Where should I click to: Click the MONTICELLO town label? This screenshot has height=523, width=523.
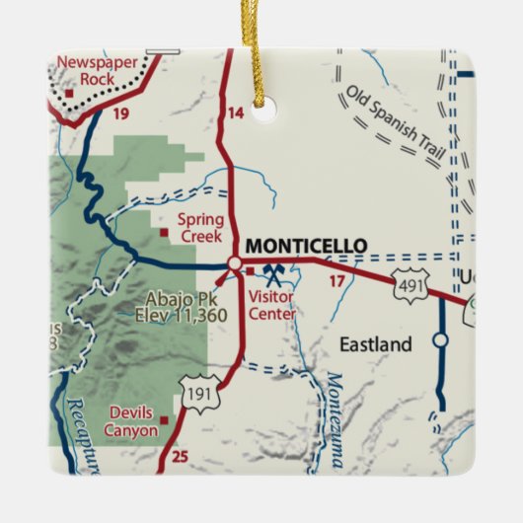tap(305, 246)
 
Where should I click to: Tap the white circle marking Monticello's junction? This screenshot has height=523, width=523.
tap(234, 263)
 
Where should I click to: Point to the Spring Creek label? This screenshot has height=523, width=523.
tap(201, 227)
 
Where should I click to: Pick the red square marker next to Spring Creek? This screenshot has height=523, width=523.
tap(164, 232)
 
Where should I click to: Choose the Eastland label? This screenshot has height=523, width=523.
tap(375, 344)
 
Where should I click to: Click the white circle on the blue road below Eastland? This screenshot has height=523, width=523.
tap(441, 340)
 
